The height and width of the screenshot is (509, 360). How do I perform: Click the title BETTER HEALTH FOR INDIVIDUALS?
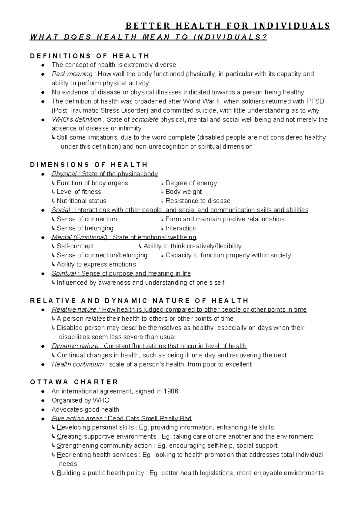tap(228, 26)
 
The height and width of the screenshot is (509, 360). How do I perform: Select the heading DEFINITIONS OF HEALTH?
tap(90, 56)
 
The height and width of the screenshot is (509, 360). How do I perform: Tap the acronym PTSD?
tap(315, 101)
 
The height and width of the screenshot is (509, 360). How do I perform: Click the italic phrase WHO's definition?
tap(76, 120)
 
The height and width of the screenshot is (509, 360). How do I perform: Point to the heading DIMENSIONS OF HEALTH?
tap(89, 165)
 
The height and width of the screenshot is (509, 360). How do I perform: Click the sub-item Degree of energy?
tap(191, 183)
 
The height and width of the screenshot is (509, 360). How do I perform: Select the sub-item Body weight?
tap(184, 192)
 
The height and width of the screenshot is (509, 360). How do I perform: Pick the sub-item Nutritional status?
tap(81, 201)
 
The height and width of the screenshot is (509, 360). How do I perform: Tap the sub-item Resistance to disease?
tap(198, 201)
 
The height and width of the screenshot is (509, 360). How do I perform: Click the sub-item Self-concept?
tap(75, 246)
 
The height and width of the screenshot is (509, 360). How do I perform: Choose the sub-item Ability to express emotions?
tap(96, 265)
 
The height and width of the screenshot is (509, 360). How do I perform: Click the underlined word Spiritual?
tap(64, 274)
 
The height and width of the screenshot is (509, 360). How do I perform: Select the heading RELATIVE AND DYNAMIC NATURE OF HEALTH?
tap(139, 301)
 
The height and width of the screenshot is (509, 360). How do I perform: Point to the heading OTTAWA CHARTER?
tap(74, 382)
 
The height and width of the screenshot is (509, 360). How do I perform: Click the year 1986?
tap(171, 391)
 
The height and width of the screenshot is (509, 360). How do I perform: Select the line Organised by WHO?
tap(80, 400)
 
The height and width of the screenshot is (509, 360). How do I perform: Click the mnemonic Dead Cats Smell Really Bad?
tap(149, 419)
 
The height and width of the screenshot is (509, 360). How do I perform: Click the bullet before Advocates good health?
tap(43, 410)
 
